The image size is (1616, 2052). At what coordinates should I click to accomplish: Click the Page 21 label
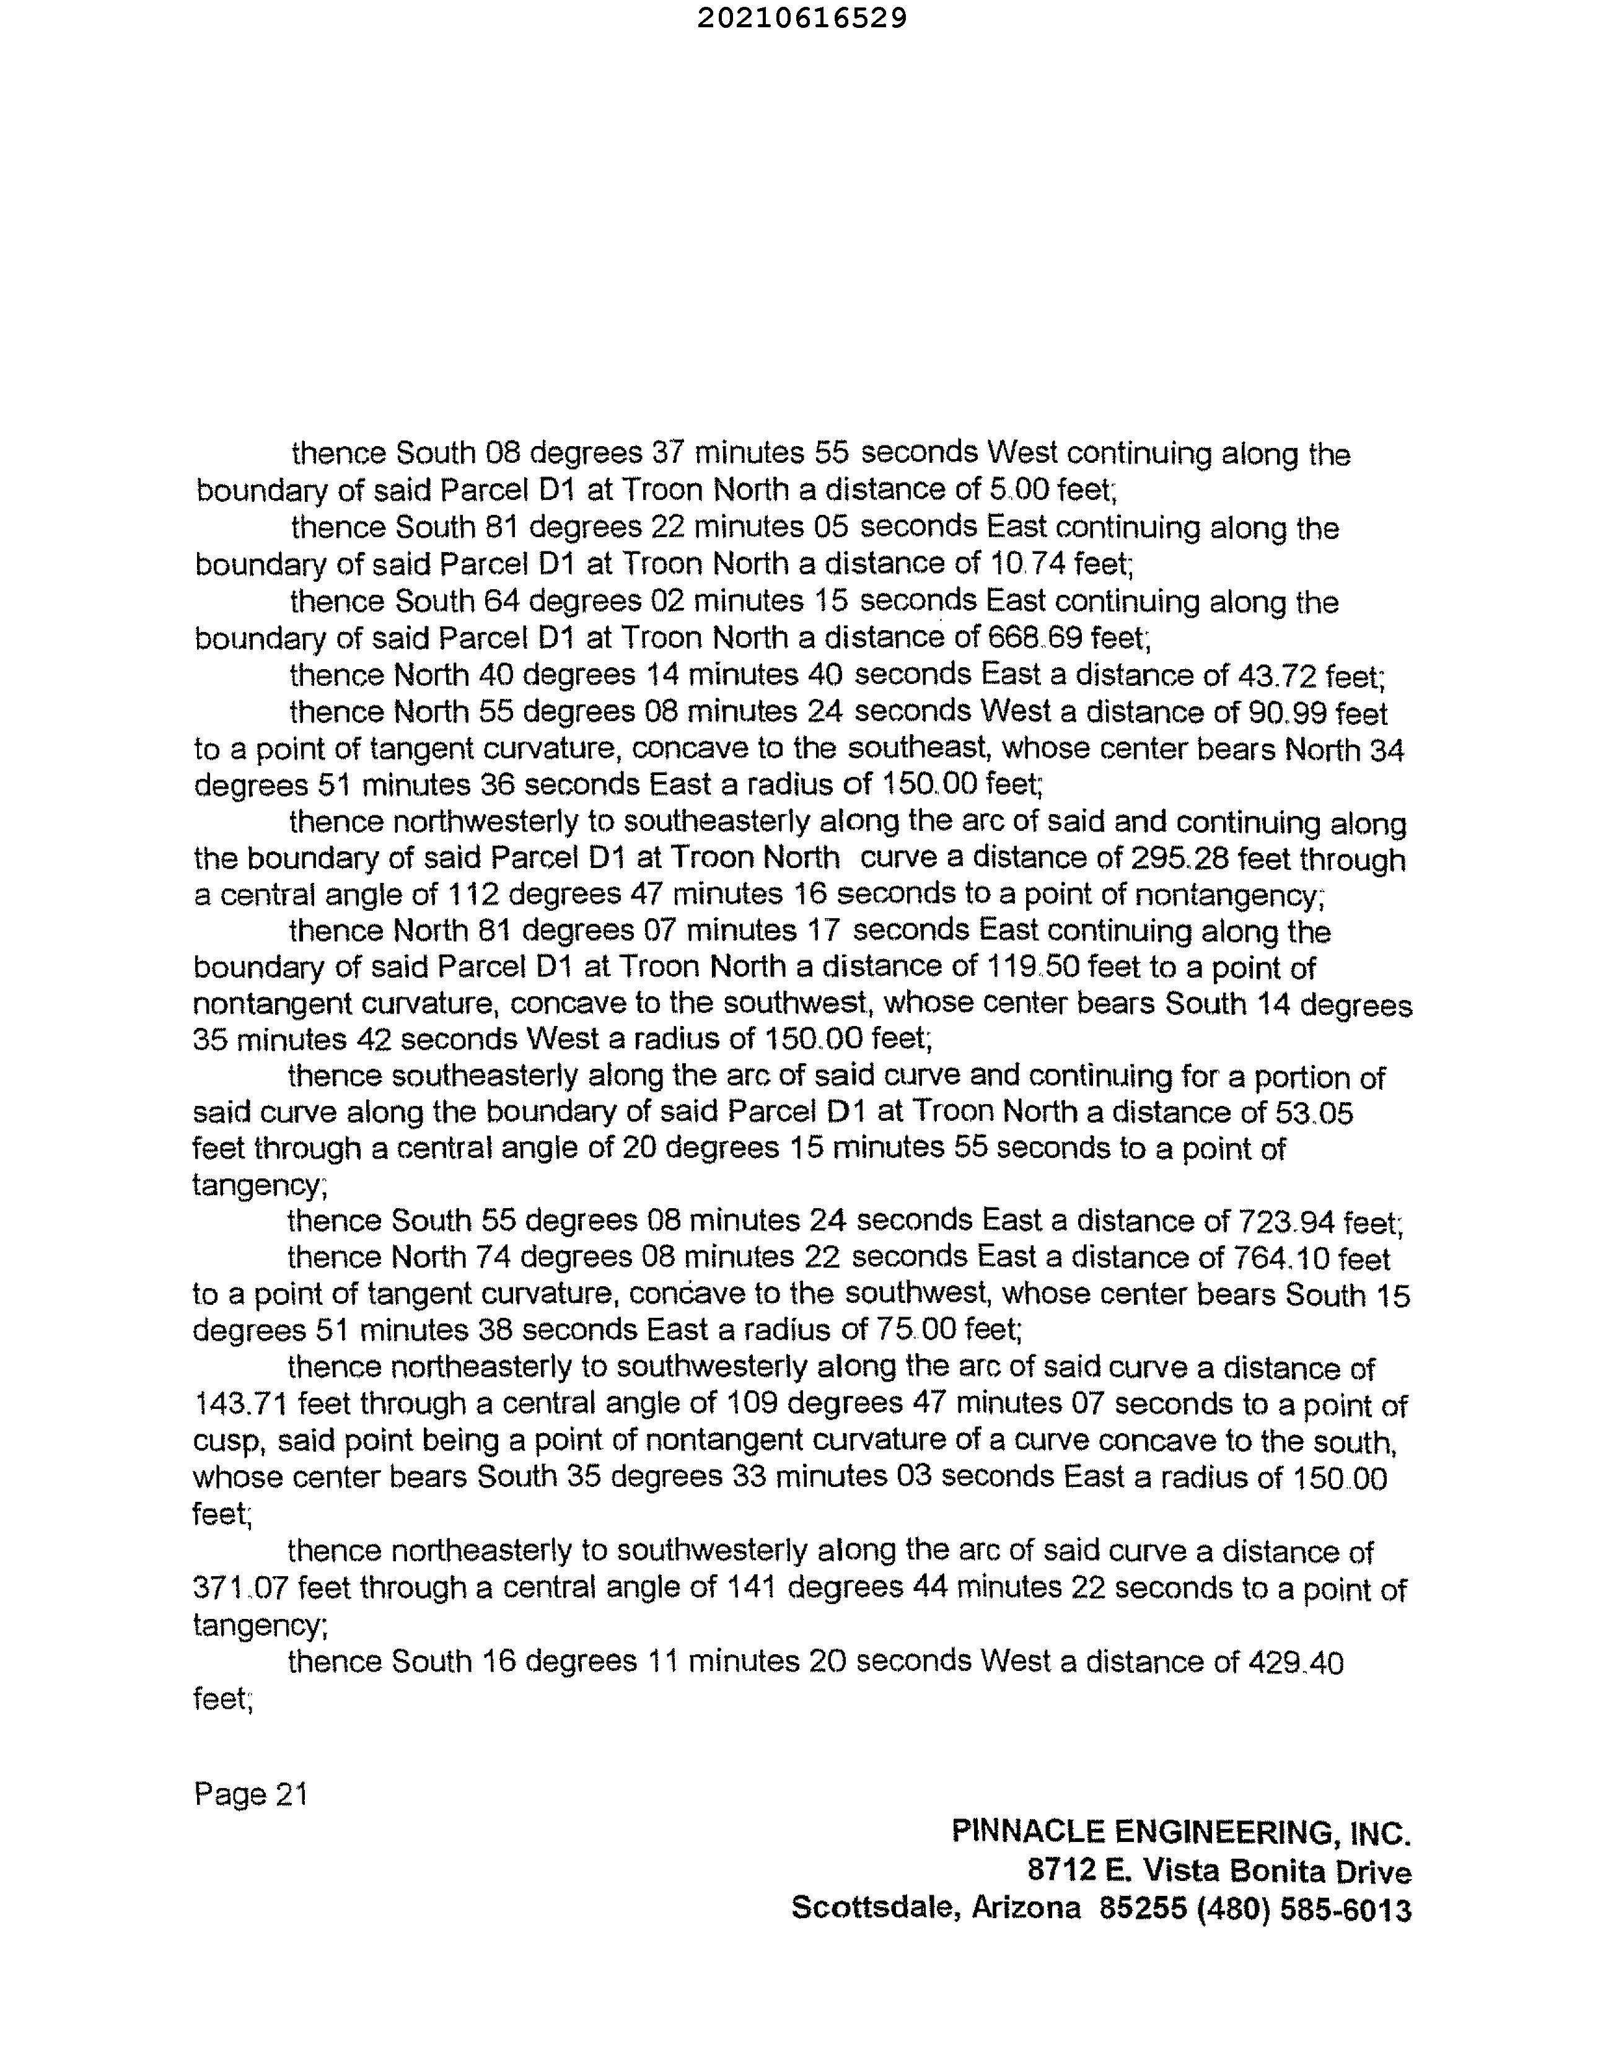[x=251, y=1794]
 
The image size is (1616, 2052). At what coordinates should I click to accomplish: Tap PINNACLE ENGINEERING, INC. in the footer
[x=1181, y=1833]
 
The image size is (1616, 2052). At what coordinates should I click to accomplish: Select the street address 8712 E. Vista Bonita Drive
[x=1219, y=1870]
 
